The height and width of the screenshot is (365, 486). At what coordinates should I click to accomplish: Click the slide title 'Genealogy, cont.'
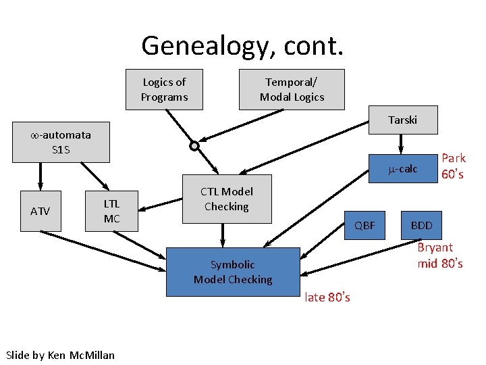point(242,45)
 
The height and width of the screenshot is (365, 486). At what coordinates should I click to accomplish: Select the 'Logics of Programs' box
point(164,89)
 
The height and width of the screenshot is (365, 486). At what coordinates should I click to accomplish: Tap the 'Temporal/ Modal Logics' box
point(292,89)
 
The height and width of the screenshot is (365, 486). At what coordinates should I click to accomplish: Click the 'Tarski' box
point(402,120)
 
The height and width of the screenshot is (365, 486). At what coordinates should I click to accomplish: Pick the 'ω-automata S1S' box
point(61,143)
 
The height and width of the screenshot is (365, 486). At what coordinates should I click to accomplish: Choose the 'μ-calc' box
point(404,169)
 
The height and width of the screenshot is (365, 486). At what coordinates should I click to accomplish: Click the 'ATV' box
point(40,212)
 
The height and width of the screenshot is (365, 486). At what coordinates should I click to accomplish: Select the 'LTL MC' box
point(111,212)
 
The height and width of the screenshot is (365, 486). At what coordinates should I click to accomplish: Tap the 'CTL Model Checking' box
point(227,199)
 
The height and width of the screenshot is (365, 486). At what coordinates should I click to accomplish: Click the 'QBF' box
point(364,225)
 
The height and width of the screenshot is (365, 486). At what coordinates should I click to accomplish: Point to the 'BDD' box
point(421,225)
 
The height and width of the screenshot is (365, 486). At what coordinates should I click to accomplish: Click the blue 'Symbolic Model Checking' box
point(232,272)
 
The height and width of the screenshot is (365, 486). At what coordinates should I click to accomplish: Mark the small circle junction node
point(194,145)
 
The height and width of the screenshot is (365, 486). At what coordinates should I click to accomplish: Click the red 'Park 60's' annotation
point(453,166)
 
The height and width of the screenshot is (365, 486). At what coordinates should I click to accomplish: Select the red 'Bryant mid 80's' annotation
point(439,255)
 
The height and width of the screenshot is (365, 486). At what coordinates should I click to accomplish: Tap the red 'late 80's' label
point(327,297)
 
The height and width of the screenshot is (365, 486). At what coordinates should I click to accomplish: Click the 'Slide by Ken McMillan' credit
point(60,355)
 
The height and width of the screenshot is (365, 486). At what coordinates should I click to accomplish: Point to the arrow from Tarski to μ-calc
point(402,143)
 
